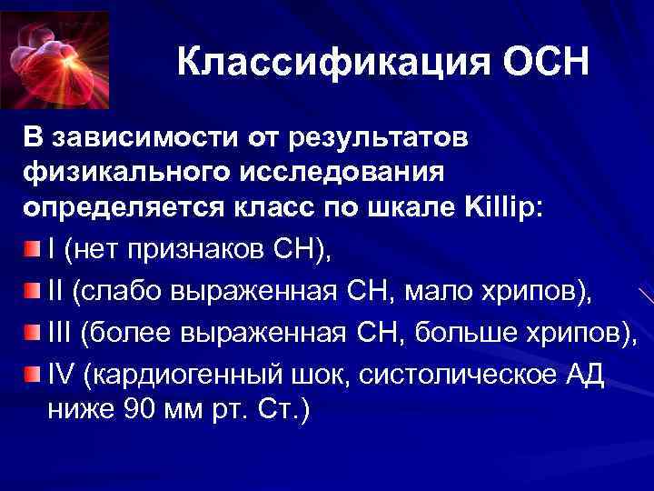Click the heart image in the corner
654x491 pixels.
pyautogui.click(x=54, y=55)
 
